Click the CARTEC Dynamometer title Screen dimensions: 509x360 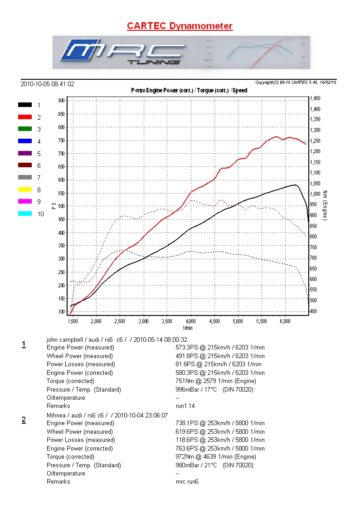[x=180, y=26]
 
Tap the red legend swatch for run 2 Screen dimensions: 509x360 [x=25, y=117]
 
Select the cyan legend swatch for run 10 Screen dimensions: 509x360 [x=25, y=213]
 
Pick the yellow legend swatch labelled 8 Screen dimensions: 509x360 [x=25, y=189]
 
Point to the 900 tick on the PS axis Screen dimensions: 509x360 [x=61, y=100]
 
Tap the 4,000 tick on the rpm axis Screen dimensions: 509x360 [x=191, y=321]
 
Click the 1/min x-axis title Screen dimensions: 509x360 [x=188, y=328]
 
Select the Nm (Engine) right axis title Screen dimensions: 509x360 [x=325, y=205]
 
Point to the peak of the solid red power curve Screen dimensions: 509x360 [x=276, y=136]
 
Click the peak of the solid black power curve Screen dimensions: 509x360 [x=295, y=184]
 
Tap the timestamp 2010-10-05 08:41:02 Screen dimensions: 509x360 [x=48, y=84]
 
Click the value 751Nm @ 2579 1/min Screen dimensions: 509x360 [x=215, y=381]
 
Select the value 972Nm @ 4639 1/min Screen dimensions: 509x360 [x=215, y=457]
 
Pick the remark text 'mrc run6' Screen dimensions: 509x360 [x=187, y=482]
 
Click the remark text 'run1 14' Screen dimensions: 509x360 [x=185, y=406]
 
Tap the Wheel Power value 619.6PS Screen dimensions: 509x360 [x=189, y=431]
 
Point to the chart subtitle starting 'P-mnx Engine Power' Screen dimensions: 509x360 [x=189, y=90]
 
